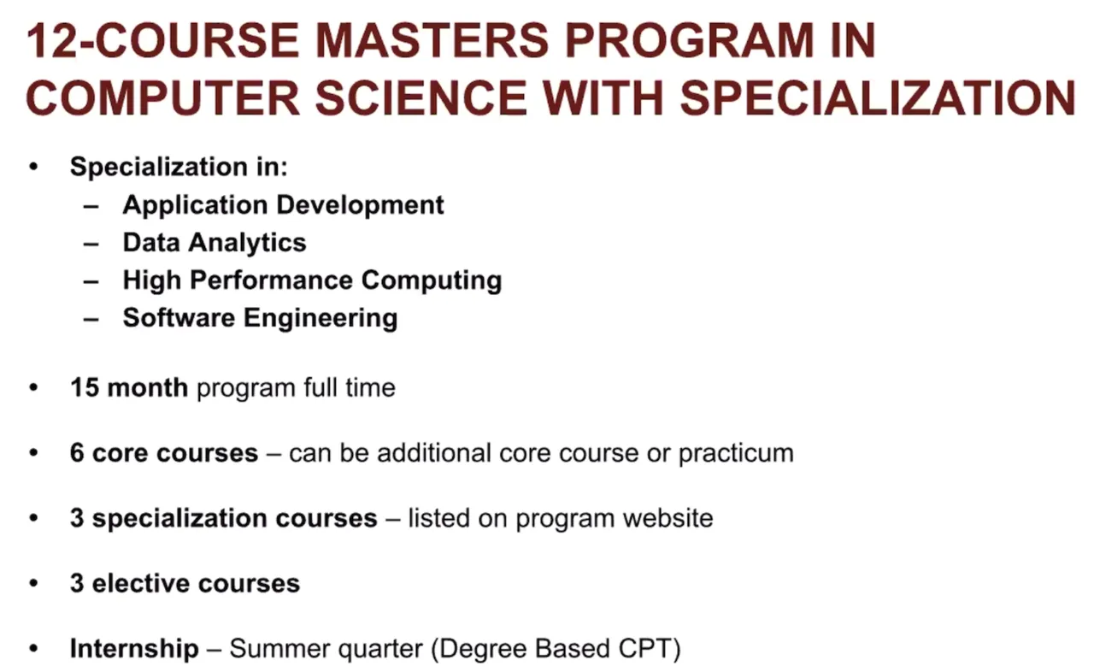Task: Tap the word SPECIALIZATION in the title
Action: pos(878,97)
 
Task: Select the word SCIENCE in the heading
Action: pos(421,97)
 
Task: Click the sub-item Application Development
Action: pos(283,204)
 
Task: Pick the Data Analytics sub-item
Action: pos(215,242)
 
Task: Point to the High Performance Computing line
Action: pos(312,280)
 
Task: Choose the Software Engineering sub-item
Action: pos(261,318)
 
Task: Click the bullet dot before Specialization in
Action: pos(33,167)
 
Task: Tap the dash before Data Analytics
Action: pos(91,244)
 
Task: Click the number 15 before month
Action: pos(85,388)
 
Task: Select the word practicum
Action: pos(736,453)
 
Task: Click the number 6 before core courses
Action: pos(77,453)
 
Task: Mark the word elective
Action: pos(141,583)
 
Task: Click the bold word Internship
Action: pos(134,649)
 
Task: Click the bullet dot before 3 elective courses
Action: pos(33,583)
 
